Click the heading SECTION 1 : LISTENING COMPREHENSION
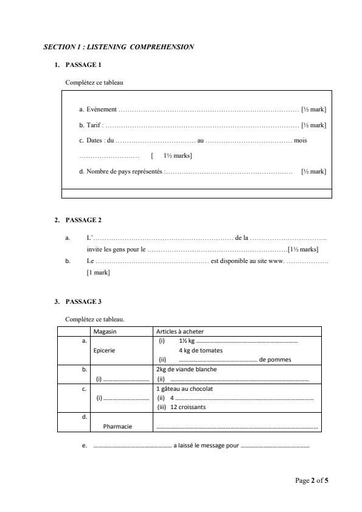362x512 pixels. point(119,46)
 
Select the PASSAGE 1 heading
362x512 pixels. point(83,65)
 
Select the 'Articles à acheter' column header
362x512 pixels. point(180,332)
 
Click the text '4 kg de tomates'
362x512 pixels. point(200,351)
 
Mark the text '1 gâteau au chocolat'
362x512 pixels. point(184,388)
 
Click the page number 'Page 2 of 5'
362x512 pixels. point(312,481)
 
